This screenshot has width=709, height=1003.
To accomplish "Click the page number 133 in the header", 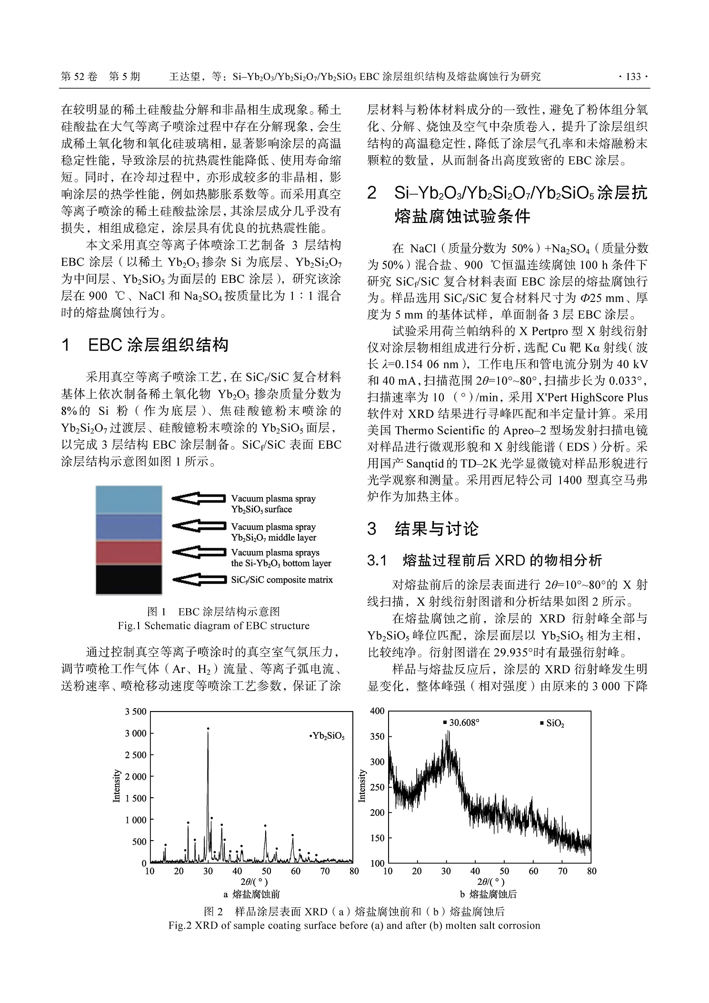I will click(633, 77).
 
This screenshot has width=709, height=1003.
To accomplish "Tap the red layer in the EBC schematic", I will click(129, 552).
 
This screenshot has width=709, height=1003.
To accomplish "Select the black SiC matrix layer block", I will click(129, 579).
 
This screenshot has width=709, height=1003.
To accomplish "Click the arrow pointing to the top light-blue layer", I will click(198, 498).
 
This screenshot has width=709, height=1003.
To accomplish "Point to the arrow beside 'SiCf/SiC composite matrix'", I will click(198, 580).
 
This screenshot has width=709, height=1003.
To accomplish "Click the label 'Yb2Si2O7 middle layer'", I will click(273, 537).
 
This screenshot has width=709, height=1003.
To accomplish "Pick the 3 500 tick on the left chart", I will click(136, 712).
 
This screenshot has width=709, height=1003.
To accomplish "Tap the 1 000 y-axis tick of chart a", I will click(136, 820).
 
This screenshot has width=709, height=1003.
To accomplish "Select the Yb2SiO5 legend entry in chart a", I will click(327, 736).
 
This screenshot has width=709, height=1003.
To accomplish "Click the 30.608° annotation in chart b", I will click(461, 722).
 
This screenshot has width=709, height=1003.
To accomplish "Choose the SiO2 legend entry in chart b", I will click(552, 723).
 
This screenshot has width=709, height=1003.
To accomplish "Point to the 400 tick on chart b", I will click(377, 711).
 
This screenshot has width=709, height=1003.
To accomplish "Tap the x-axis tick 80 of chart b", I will click(591, 871).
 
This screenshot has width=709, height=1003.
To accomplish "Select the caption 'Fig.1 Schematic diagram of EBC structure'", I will click(213, 626).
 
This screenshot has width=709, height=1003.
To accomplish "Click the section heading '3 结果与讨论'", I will click(423, 529).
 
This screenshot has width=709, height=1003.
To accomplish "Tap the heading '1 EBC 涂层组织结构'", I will click(145, 345).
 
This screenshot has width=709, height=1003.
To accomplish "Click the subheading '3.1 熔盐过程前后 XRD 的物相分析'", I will click(484, 560).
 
